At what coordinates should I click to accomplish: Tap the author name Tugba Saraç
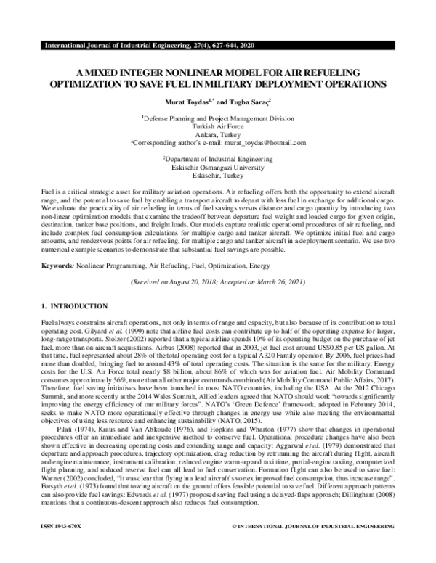250,102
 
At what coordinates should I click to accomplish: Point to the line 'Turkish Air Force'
218,126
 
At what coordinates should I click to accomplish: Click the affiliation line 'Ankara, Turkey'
218,134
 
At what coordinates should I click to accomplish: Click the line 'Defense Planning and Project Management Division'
218,117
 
